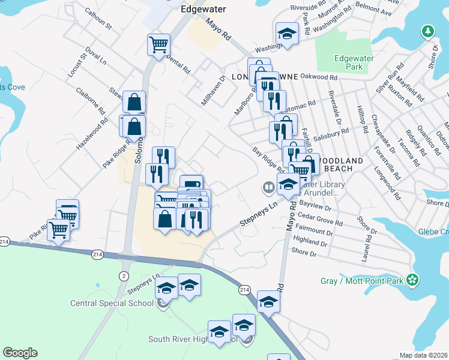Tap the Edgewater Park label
click(348, 62)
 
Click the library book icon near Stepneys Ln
click(268, 188)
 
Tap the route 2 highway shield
click(123, 259)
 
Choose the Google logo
click(20, 353)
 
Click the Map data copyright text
click(424, 355)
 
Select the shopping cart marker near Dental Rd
click(158, 44)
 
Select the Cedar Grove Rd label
click(321, 218)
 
